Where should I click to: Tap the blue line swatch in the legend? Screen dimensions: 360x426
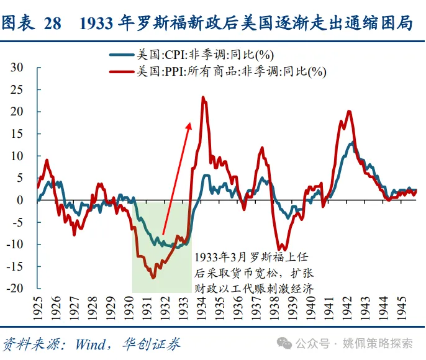[122, 55]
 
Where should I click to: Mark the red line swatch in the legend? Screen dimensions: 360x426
[122, 72]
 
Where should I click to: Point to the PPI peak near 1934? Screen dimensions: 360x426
[203, 97]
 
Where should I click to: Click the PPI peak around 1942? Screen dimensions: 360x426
[349, 112]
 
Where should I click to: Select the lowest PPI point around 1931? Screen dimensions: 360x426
[153, 277]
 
